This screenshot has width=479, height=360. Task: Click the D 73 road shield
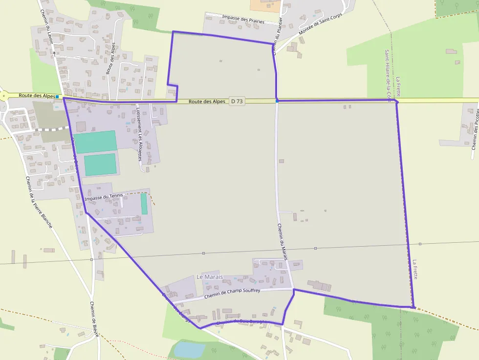237,101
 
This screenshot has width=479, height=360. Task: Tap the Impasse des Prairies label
243,19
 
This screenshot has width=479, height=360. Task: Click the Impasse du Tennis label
104,198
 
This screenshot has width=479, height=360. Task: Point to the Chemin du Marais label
282,241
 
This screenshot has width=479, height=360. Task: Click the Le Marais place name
209,277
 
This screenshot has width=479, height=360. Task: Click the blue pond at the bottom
189,350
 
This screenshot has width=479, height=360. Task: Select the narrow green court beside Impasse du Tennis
144,204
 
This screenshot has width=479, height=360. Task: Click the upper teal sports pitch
95,142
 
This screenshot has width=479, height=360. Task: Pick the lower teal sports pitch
100,165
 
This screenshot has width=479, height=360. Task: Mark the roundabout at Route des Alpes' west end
3,96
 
